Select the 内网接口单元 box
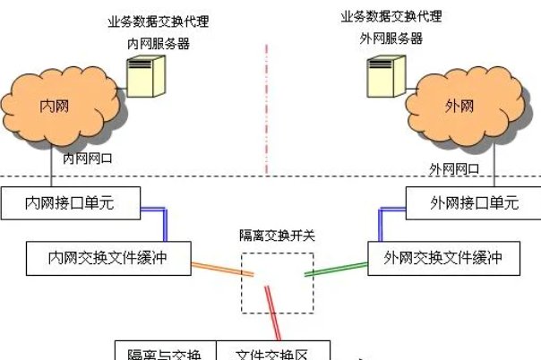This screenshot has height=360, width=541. click(69, 203)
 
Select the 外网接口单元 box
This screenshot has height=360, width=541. click(473, 203)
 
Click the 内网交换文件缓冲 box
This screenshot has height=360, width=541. click(107, 259)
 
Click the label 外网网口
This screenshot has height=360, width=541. click(454, 168)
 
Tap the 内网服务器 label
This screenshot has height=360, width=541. click(158, 43)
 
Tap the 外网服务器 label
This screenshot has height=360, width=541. click(391, 39)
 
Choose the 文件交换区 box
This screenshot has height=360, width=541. click(273, 352)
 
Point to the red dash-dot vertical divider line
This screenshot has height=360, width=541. click(266, 107)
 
